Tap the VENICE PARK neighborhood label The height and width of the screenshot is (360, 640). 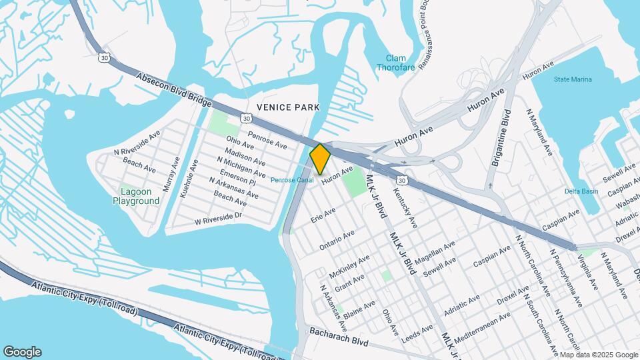click(x=288, y=107)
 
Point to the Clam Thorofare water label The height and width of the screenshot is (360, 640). click(x=391, y=63)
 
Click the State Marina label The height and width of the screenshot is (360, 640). click(x=572, y=79)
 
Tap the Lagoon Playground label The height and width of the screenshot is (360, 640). click(x=136, y=196)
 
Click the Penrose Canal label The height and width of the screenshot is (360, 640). click(x=292, y=180)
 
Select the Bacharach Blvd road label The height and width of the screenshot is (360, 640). click(x=339, y=331)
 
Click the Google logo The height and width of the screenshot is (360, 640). click(x=22, y=352)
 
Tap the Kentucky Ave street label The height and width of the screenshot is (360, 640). click(x=405, y=205)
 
